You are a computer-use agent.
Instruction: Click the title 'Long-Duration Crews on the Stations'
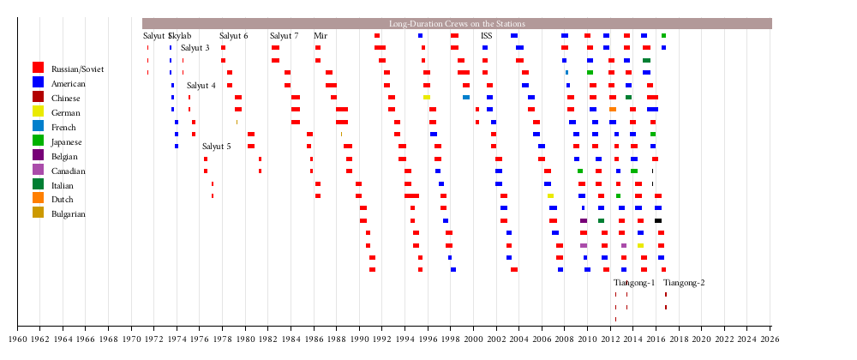(x=457, y=24)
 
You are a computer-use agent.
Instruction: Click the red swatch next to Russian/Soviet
(x=38, y=68)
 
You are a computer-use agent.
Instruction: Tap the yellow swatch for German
(x=38, y=111)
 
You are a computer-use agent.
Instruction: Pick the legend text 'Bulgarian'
(x=69, y=214)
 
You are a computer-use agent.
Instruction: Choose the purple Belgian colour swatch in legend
(x=38, y=155)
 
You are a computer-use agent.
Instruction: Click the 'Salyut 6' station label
(x=234, y=36)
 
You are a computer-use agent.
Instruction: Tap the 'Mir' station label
(x=321, y=36)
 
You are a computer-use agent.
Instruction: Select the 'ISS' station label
(x=487, y=36)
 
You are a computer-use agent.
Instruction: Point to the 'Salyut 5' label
(x=217, y=147)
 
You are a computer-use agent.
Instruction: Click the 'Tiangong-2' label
(x=684, y=283)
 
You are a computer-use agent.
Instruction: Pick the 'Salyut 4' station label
(x=201, y=86)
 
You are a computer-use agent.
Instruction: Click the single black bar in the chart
(x=658, y=220)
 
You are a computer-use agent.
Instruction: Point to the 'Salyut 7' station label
(x=285, y=36)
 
